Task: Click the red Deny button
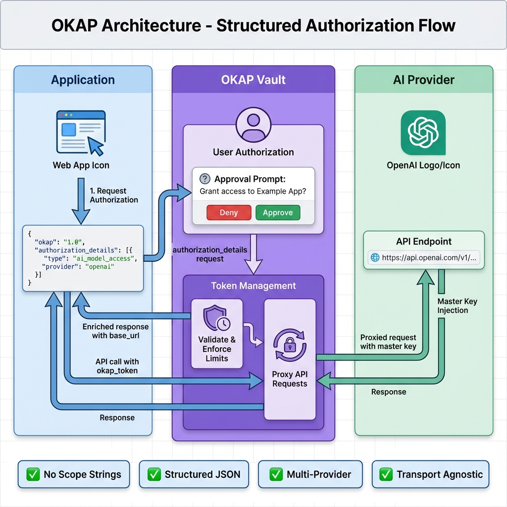[x=228, y=213]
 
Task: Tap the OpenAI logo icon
[x=423, y=132]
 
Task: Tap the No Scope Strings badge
[x=73, y=474]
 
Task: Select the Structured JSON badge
[x=195, y=474]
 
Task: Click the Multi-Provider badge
[x=310, y=474]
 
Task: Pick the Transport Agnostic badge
[x=431, y=474]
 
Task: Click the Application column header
[x=83, y=80]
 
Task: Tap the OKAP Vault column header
[x=253, y=80]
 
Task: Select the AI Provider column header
[x=424, y=80]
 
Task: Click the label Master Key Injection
[x=457, y=305]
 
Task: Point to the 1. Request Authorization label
[x=113, y=195]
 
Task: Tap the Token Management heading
[x=253, y=286]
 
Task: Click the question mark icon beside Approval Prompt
[x=204, y=179]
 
